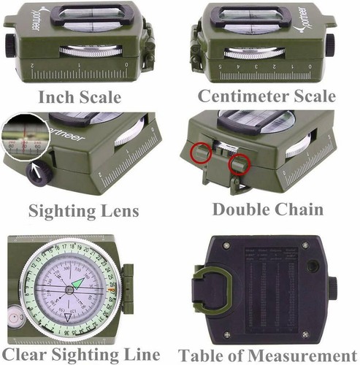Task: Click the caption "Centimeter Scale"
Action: coord(267,96)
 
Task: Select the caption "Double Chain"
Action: coord(267,210)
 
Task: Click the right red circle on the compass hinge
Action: coord(235,166)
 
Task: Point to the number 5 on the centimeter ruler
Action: coord(200,65)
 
